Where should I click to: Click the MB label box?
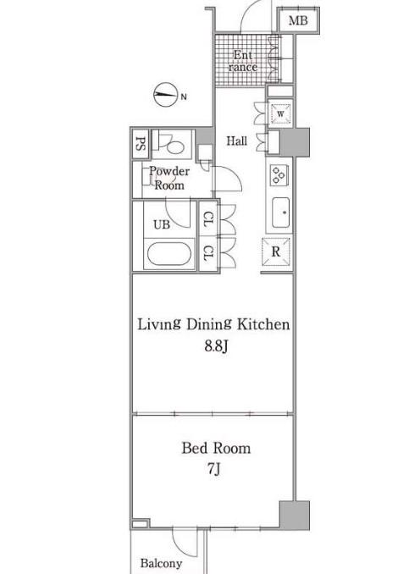point(298,20)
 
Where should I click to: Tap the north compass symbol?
point(165,94)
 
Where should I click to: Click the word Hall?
point(236,141)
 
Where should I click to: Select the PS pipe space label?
point(141,144)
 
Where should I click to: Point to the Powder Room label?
point(169,179)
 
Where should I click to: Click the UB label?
point(162,224)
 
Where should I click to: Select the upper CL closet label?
point(207,218)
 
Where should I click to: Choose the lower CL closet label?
point(207,253)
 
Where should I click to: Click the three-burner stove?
point(279,174)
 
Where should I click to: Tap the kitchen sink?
point(281,212)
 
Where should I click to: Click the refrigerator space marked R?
point(276,251)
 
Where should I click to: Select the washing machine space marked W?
point(280,113)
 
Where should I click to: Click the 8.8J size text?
point(216,345)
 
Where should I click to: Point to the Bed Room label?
point(216,448)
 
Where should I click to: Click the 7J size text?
point(214,468)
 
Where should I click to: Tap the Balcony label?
point(161,563)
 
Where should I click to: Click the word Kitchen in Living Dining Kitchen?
point(263,324)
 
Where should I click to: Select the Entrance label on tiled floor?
point(243,61)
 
